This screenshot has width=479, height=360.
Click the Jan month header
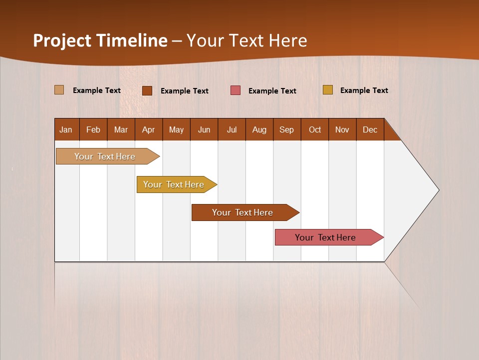(x=66, y=129)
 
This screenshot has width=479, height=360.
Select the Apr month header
(x=149, y=129)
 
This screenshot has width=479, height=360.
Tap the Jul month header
(x=232, y=129)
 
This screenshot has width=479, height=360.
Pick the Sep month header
(x=287, y=129)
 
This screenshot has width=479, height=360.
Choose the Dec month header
(x=370, y=129)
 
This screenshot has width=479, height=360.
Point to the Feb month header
(x=93, y=129)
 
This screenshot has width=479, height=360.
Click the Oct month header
(x=315, y=129)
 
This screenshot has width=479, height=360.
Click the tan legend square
(x=59, y=90)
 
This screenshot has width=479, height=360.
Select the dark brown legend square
(x=147, y=90)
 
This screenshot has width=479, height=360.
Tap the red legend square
(x=236, y=90)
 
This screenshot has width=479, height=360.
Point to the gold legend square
(x=327, y=90)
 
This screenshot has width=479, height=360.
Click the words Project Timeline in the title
(x=100, y=40)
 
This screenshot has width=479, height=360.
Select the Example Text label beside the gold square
(x=364, y=90)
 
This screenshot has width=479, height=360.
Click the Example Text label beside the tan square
(x=97, y=90)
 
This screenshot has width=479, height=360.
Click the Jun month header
(x=204, y=129)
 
